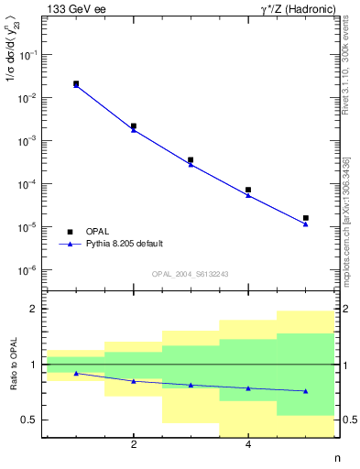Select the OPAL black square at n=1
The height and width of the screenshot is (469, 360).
pos(76,83)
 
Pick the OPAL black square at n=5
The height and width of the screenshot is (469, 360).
pos(305,218)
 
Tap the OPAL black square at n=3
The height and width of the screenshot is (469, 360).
pos(191,159)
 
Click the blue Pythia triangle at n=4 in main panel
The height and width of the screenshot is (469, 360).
pos(248,195)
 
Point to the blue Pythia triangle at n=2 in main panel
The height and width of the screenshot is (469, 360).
pos(134,130)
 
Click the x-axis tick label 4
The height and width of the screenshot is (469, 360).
pos(248,445)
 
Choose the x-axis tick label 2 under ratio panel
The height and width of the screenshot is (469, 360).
pos(134,445)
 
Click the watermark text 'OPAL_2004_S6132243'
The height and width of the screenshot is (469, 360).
pos(191,273)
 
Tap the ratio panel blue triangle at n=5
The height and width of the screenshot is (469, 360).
pos(305,391)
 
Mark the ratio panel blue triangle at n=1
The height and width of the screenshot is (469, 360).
pos(76,373)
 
